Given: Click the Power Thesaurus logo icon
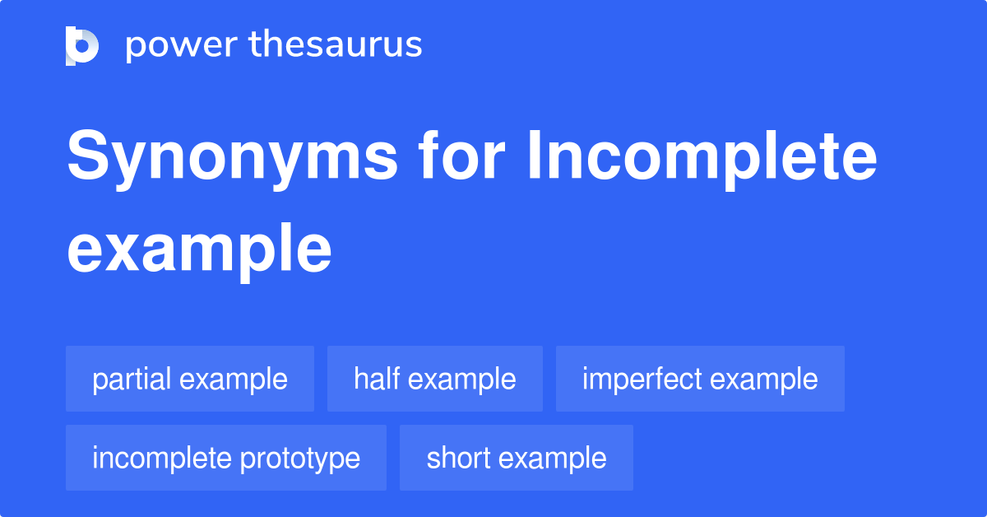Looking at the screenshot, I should coord(82,45).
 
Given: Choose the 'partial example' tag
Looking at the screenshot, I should coord(190,380).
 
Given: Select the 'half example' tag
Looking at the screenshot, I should coord(435,380).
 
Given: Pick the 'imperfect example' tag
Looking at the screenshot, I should coord(700,380).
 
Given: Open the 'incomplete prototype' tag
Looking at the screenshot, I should coord(226,459).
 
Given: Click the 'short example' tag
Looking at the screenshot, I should coord(517,459).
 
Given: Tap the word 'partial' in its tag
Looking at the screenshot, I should coord(132,380).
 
